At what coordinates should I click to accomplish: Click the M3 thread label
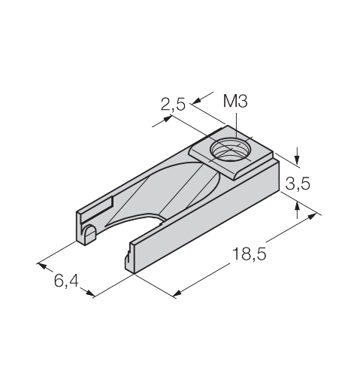point(235,102)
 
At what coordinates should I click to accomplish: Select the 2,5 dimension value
point(173,105)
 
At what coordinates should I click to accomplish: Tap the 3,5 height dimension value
point(298,184)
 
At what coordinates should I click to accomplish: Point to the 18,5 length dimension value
point(250,254)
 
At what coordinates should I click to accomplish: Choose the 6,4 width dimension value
point(66,281)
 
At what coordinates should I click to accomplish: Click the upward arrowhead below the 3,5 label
point(298,206)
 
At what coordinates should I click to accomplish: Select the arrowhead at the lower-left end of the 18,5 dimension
point(177,293)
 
